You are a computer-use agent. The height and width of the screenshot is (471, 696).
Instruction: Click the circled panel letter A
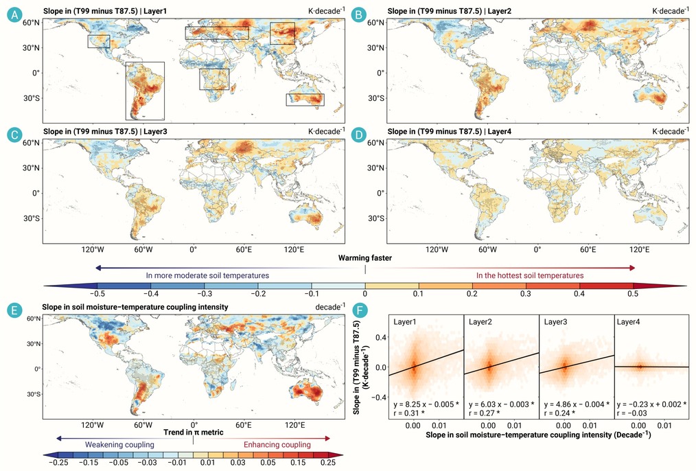15,14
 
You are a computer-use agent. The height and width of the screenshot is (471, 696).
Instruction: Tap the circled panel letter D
359,135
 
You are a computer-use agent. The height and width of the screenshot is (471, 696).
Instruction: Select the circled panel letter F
360,310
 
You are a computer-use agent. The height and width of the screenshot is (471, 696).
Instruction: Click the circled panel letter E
15,310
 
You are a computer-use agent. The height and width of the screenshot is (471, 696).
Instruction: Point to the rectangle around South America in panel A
126,91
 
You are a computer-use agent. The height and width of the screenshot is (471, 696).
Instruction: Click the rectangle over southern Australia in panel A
305,94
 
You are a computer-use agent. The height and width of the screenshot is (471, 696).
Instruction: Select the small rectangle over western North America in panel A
99,35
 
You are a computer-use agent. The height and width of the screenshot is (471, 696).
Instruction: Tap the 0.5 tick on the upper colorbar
633,293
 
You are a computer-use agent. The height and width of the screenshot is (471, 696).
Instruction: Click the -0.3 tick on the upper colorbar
205,293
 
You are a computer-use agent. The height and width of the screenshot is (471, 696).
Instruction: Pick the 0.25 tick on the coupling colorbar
328,462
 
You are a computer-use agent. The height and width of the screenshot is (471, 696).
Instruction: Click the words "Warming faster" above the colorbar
365,258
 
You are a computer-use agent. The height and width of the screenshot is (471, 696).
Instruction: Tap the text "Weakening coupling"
120,444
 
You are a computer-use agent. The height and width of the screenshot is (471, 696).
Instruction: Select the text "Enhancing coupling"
277,444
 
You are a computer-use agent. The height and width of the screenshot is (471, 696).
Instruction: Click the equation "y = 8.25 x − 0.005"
424,404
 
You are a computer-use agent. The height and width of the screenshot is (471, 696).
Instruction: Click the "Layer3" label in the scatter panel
555,322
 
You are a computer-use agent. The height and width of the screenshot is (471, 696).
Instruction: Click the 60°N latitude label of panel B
375,23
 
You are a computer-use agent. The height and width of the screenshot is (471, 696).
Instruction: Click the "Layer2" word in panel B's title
500,11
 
